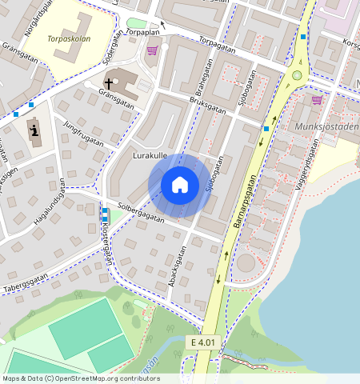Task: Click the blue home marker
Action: coord(180,185)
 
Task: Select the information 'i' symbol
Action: coord(34,130)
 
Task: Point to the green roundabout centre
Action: coord(297,76)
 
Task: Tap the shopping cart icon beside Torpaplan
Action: coord(152,50)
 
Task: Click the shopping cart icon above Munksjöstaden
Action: coord(317,100)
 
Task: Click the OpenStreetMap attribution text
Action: coord(80,378)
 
